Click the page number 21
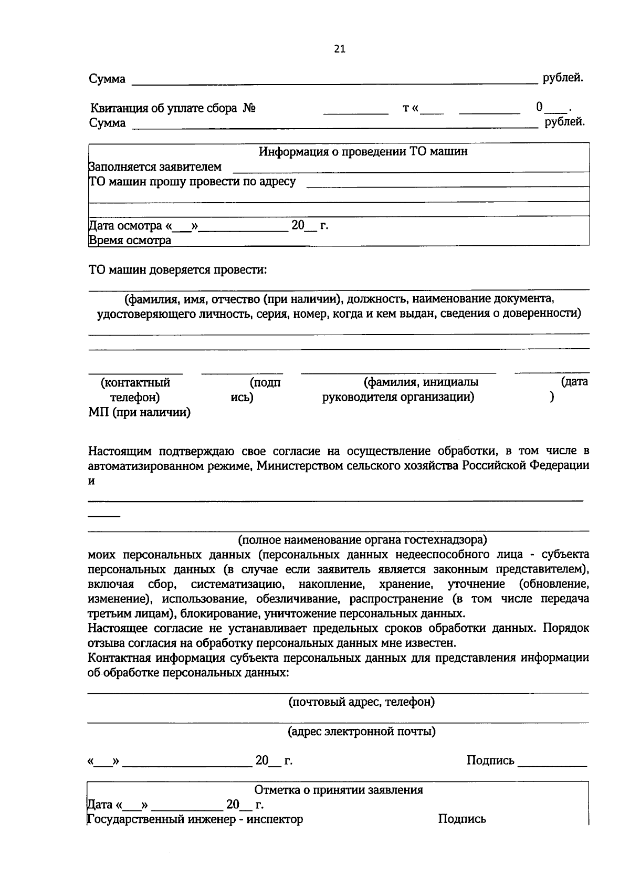(x=340, y=49)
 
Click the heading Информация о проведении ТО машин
(x=363, y=152)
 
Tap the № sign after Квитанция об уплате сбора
(x=249, y=109)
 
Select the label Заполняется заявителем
(x=155, y=167)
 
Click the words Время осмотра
(x=130, y=241)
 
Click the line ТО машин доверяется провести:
(x=177, y=270)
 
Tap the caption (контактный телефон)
(x=136, y=390)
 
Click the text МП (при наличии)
(x=139, y=412)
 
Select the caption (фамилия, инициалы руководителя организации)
(x=398, y=390)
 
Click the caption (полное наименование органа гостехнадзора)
(x=362, y=539)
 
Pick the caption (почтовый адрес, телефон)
(x=362, y=702)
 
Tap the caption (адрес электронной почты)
(x=362, y=731)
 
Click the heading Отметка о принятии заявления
(x=339, y=790)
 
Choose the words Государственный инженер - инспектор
(x=195, y=819)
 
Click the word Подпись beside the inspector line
(x=462, y=819)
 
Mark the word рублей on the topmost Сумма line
(x=563, y=78)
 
